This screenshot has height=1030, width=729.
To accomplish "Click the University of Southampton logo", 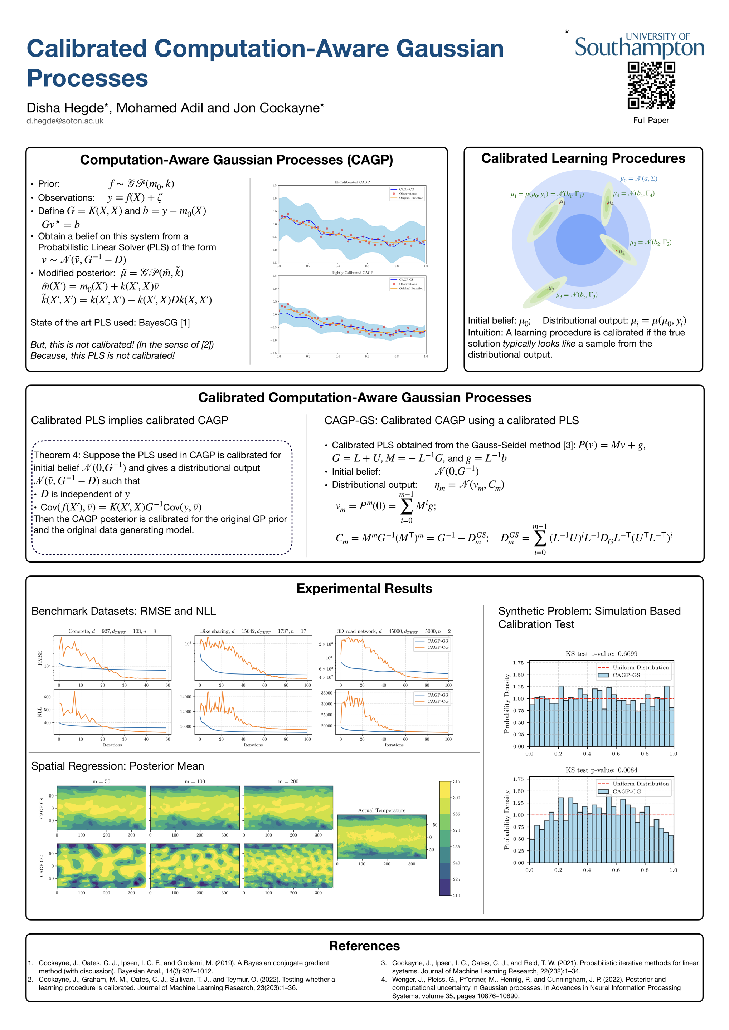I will click(639, 46).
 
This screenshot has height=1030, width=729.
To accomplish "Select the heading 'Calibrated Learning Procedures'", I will click(583, 158).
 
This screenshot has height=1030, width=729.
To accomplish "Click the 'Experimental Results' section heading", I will click(364, 589).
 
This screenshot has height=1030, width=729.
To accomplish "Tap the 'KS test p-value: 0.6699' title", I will click(601, 654).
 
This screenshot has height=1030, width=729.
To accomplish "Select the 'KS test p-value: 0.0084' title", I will click(601, 770).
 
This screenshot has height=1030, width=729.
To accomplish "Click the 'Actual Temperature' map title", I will click(381, 810).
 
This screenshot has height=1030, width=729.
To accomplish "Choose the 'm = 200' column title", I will click(288, 781).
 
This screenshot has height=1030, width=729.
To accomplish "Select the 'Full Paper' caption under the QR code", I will click(651, 120).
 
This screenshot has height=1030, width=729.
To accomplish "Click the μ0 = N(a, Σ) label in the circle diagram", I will click(638, 178).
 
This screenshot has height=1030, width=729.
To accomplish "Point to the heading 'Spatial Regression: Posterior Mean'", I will click(118, 766).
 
